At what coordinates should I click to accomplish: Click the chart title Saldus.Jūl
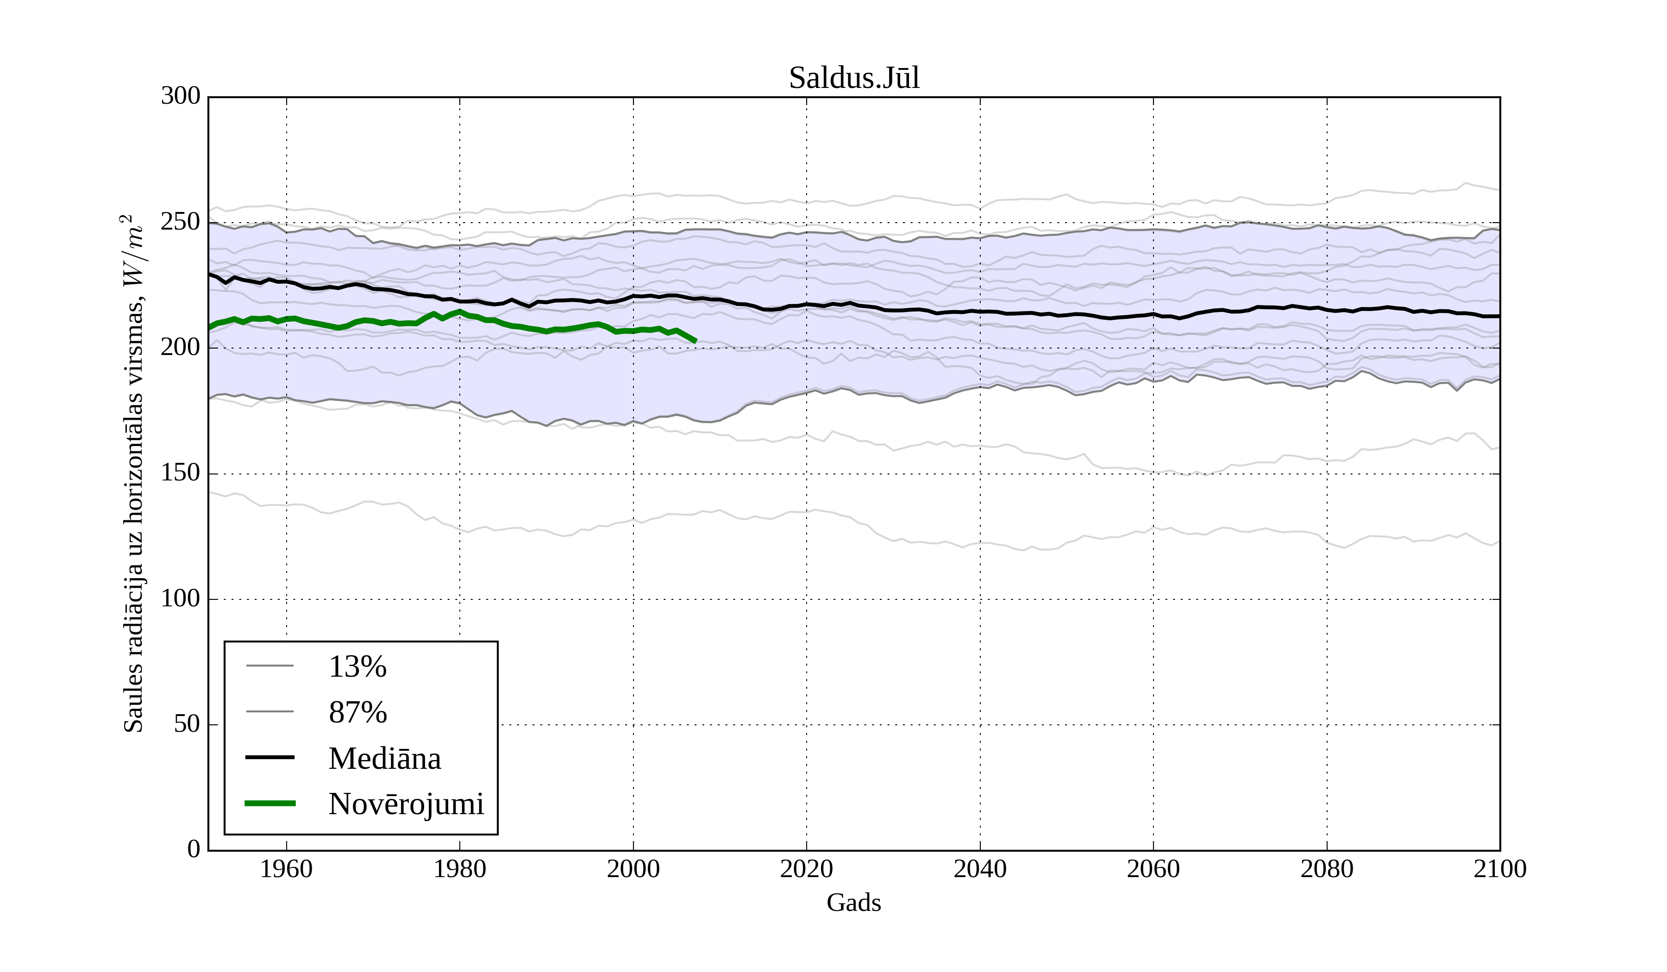click(x=853, y=78)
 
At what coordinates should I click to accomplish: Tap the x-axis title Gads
click(x=853, y=903)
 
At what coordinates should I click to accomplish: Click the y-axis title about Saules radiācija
click(x=134, y=474)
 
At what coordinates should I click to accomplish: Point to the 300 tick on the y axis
click(x=181, y=97)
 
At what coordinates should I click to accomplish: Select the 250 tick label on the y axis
click(x=181, y=222)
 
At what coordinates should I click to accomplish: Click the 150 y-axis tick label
click(x=181, y=474)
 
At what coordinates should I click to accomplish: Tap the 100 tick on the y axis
click(x=181, y=599)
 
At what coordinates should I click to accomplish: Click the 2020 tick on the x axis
click(x=806, y=869)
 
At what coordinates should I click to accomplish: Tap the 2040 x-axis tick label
click(x=980, y=869)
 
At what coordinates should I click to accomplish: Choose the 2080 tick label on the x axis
click(x=1326, y=869)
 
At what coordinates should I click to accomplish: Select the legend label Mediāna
click(x=384, y=759)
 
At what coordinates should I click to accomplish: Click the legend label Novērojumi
click(x=406, y=804)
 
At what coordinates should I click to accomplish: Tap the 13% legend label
click(x=357, y=667)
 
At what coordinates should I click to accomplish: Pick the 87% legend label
click(x=357, y=713)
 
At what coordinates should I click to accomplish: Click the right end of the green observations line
click(x=695, y=341)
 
